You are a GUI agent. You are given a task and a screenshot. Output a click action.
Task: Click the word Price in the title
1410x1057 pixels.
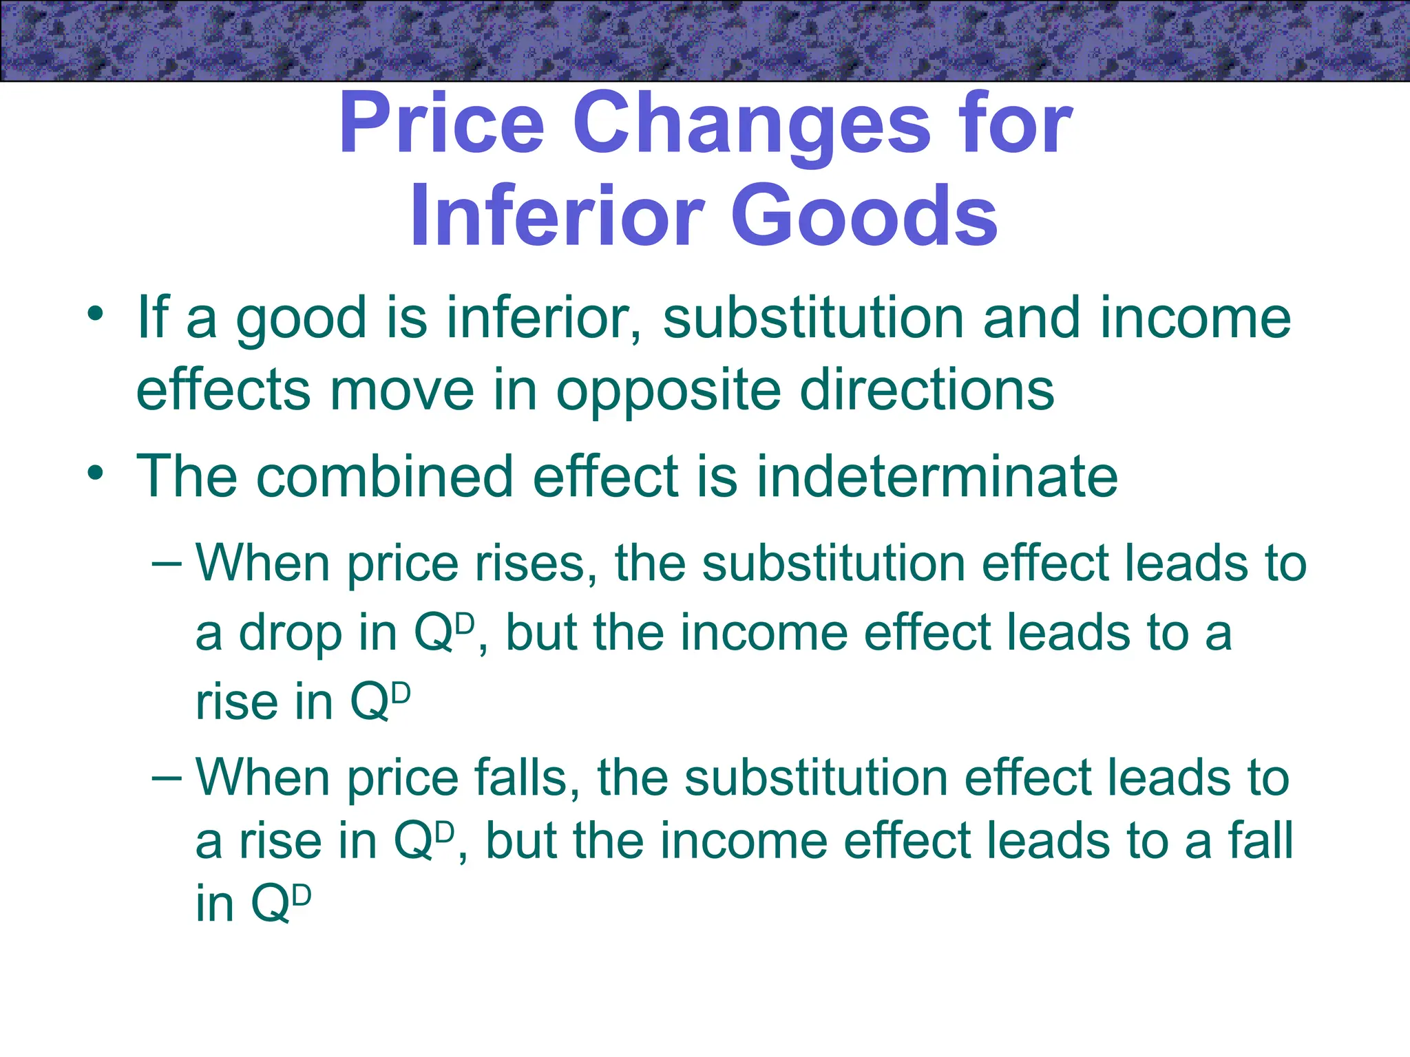(x=441, y=126)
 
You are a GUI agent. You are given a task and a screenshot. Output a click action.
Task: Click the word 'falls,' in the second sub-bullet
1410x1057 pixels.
(x=527, y=778)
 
